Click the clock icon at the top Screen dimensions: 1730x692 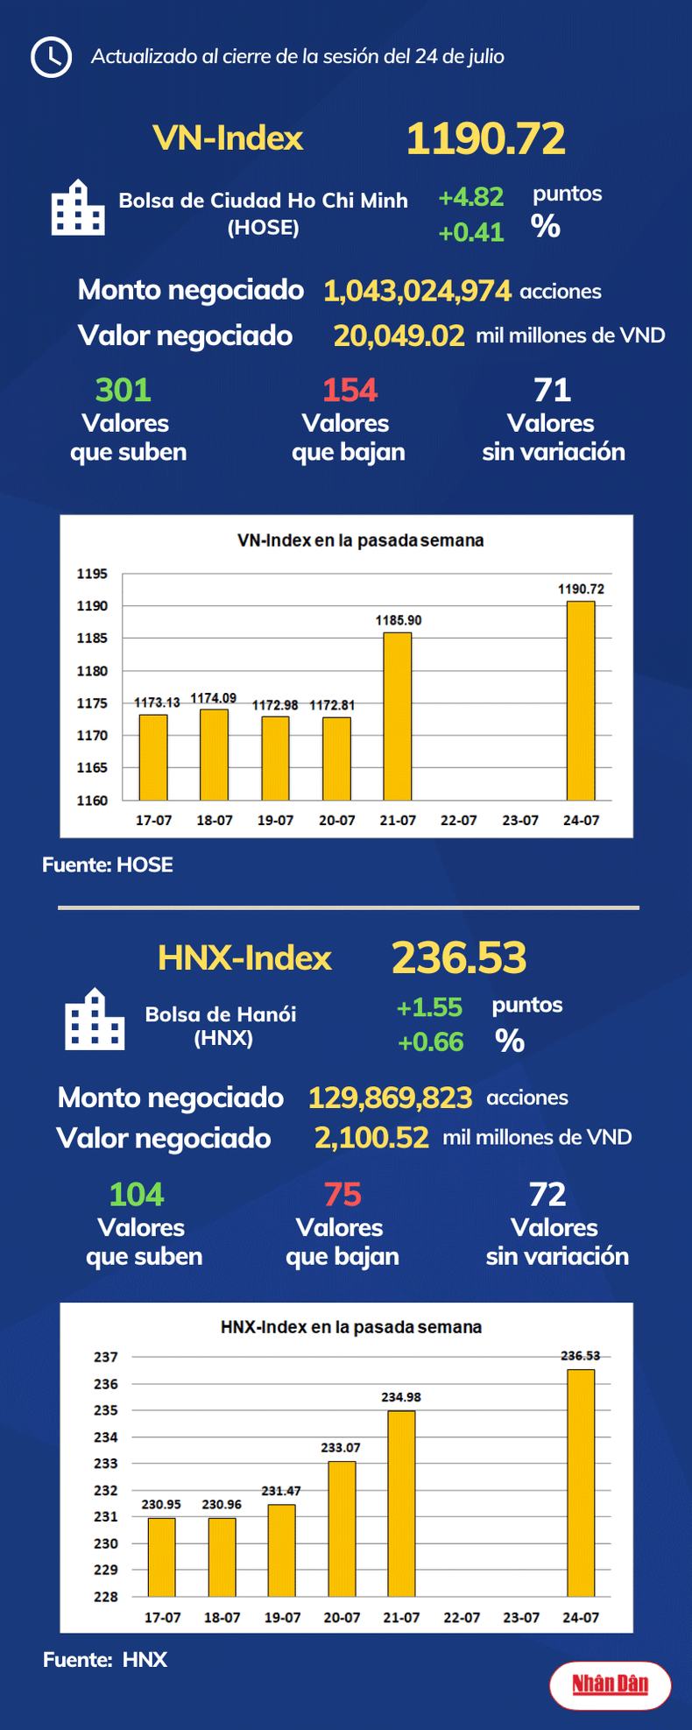pyautogui.click(x=51, y=57)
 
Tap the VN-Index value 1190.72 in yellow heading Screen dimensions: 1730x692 pyautogui.click(x=485, y=138)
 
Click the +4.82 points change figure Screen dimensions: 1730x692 pyautogui.click(x=470, y=197)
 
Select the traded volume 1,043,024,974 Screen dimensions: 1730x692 pyautogui.click(x=417, y=291)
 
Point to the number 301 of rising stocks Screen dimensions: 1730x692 pyautogui.click(x=124, y=390)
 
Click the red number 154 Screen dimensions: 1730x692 pyautogui.click(x=350, y=390)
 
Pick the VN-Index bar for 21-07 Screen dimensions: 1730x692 pyautogui.click(x=398, y=716)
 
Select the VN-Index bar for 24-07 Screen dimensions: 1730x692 pyautogui.click(x=581, y=700)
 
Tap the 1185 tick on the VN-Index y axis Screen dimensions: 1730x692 pyautogui.click(x=92, y=638)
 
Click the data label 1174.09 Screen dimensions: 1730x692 pyautogui.click(x=214, y=698)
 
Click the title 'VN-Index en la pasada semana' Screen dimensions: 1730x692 pyautogui.click(x=360, y=540)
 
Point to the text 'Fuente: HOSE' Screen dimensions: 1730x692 pyautogui.click(x=108, y=865)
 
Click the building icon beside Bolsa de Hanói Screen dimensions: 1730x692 pyautogui.click(x=95, y=1020)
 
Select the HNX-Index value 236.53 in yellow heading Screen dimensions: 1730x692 pyautogui.click(x=459, y=957)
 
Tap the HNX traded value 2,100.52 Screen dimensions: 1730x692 pyautogui.click(x=371, y=1138)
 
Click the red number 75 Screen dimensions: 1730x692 pyautogui.click(x=342, y=1195)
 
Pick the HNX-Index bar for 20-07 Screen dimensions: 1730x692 pyautogui.click(x=342, y=1529)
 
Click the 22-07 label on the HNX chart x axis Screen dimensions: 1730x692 pyautogui.click(x=462, y=1617)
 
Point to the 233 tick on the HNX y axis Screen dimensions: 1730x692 pyautogui.click(x=106, y=1463)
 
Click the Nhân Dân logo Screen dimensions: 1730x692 pyautogui.click(x=611, y=1684)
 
